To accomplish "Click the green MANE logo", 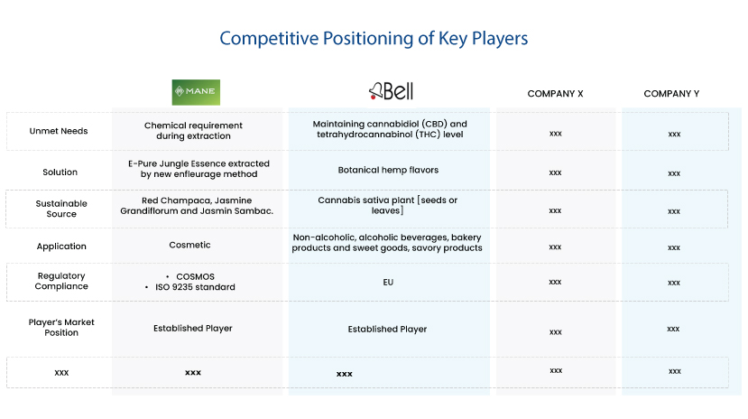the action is tap(196, 92).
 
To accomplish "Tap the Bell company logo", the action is tap(392, 90).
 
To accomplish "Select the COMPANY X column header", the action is tap(555, 94).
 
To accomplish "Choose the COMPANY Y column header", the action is tap(671, 94).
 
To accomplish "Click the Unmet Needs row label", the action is tap(59, 131).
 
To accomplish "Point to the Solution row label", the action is tap(60, 172).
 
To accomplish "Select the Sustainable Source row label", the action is tap(61, 209).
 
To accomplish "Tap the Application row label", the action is tap(61, 247).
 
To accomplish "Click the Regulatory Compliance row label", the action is tap(61, 281).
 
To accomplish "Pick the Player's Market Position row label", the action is tap(61, 328).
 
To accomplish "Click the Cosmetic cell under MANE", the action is tap(189, 245).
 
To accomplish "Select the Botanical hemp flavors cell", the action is tap(388, 170).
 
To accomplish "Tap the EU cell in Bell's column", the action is tap(388, 282).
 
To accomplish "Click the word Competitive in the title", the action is tap(269, 38).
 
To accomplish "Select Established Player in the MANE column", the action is tap(193, 329).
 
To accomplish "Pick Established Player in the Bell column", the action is tap(387, 330).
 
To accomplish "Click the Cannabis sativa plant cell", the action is tap(387, 205).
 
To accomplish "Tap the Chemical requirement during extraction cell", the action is tap(193, 131).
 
